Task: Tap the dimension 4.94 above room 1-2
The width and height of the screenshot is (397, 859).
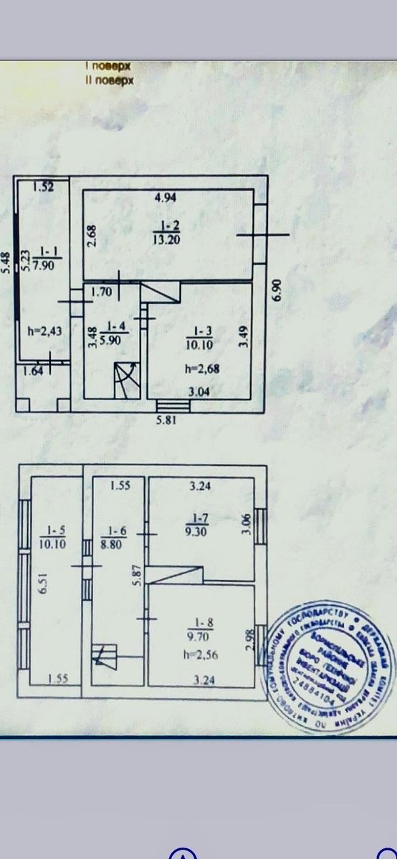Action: [166, 198]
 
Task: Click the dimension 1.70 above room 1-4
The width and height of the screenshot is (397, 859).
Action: [101, 291]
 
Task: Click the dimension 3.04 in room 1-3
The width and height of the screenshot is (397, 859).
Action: [199, 391]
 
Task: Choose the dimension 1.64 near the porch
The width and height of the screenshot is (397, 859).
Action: [33, 370]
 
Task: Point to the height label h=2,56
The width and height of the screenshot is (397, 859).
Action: [200, 654]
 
